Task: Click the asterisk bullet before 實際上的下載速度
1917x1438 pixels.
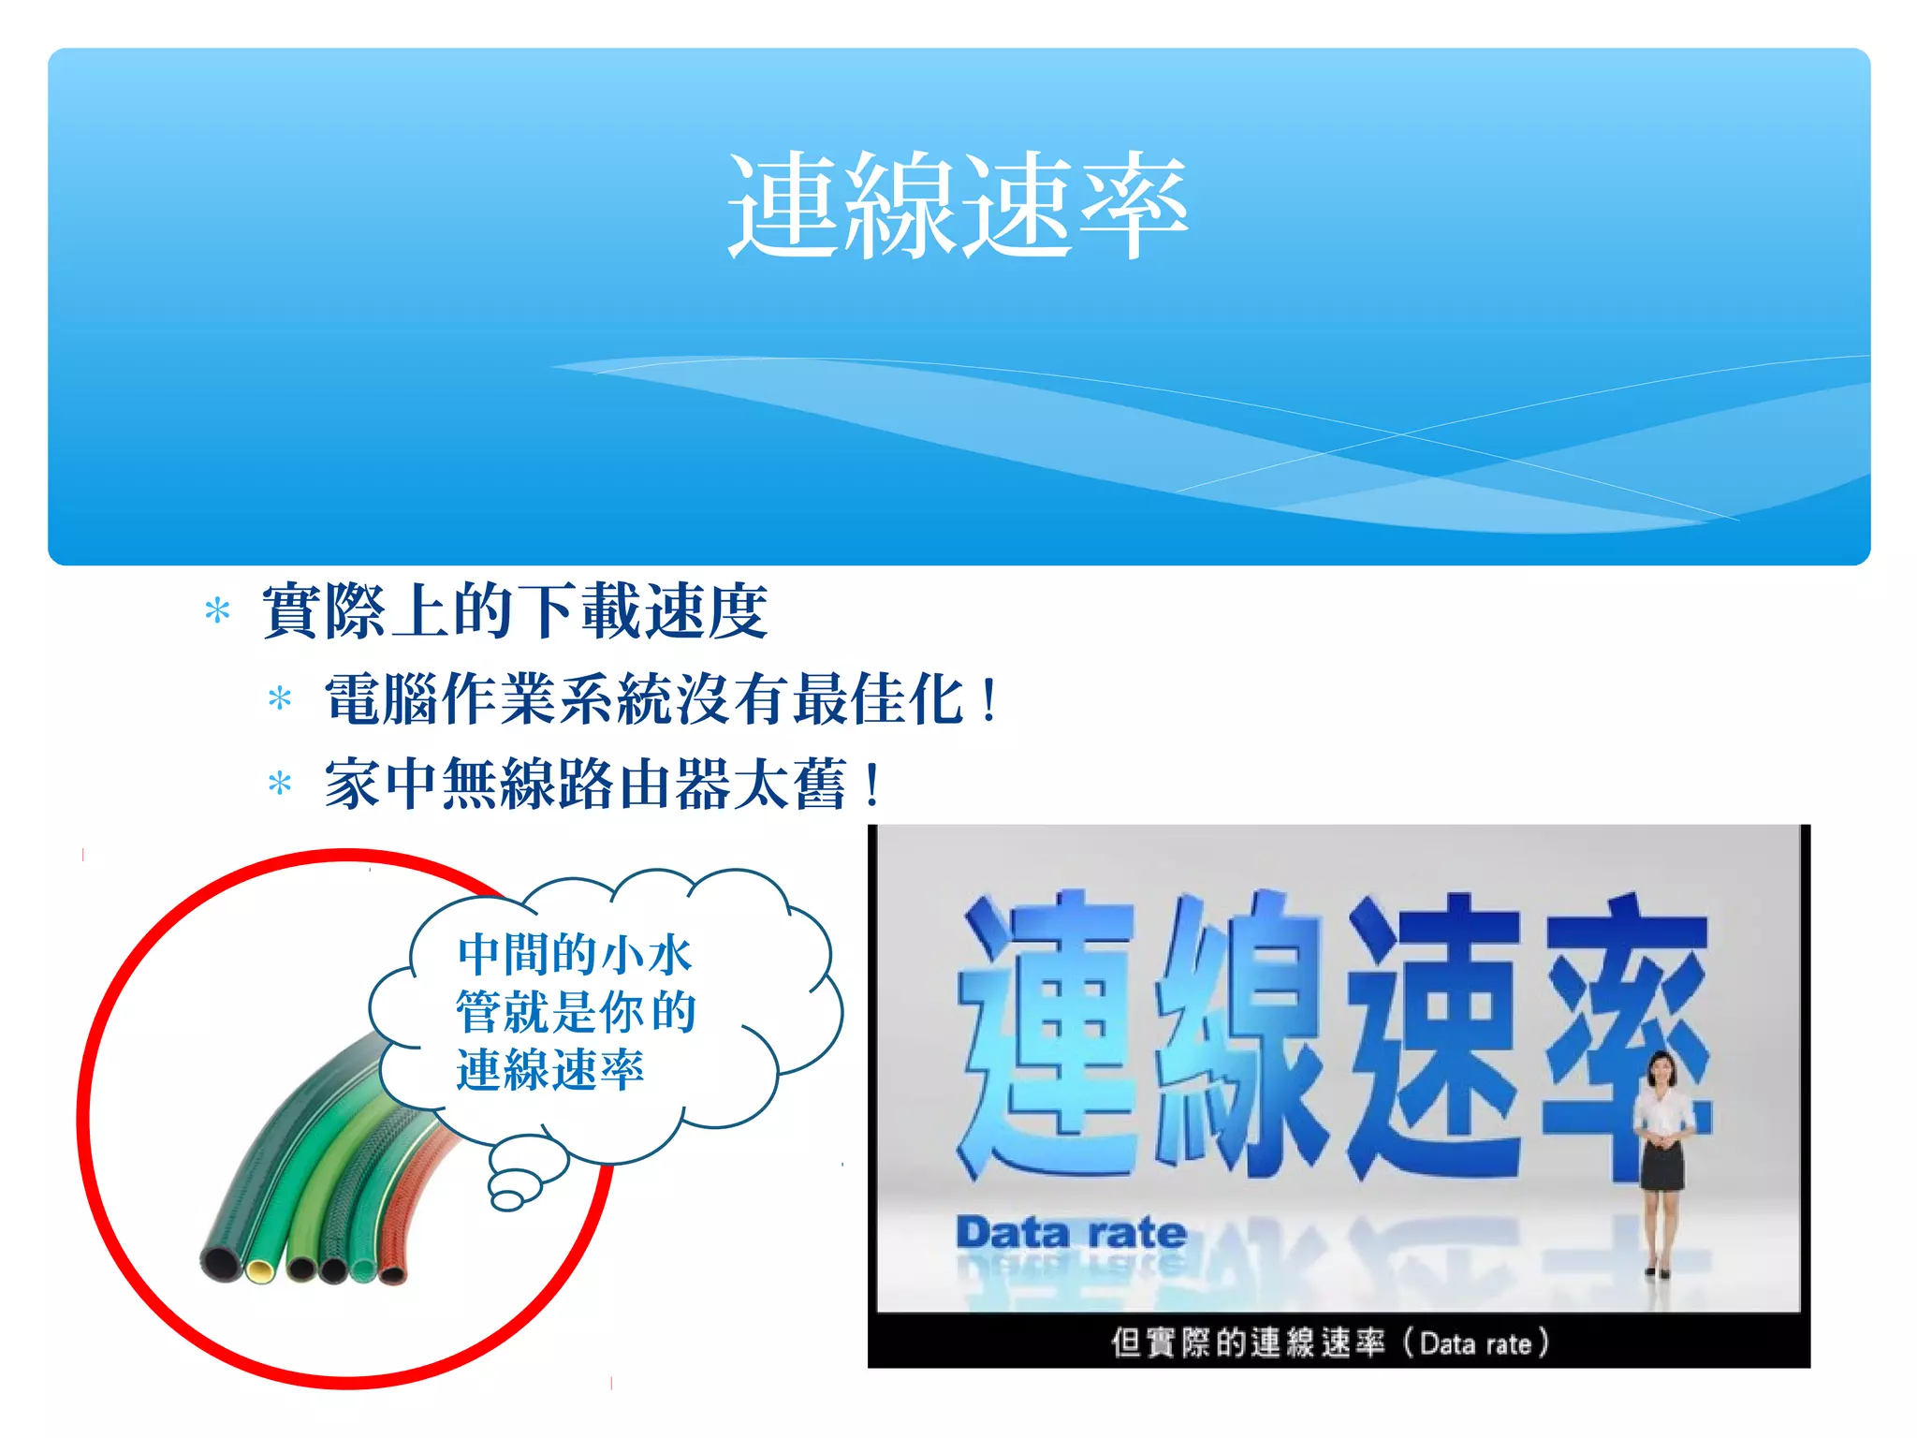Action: [217, 611]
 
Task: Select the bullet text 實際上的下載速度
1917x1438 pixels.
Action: [515, 611]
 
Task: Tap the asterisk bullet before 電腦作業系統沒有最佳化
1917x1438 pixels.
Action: [279, 698]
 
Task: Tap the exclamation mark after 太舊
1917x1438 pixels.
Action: [873, 784]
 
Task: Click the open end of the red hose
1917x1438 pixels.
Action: [393, 1274]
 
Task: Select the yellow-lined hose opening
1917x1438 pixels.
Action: [260, 1270]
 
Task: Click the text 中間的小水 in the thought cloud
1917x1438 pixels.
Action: [575, 955]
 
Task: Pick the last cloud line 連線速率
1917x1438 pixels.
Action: [550, 1070]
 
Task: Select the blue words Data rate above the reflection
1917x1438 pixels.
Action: [1071, 1232]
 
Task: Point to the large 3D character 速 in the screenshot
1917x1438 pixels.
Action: [1437, 1034]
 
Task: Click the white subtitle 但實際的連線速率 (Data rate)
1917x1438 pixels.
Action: [1329, 1343]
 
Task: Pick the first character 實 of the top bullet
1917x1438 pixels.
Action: [293, 611]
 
